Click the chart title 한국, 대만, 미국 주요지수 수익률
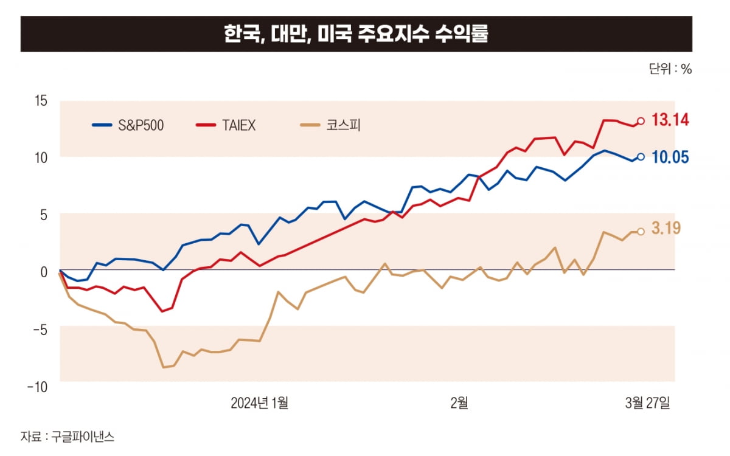pos(356,33)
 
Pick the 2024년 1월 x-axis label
pos(260,402)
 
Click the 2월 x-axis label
pos(459,402)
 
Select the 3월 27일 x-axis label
pos(647,402)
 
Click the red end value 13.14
pos(670,120)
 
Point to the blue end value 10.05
pos(670,157)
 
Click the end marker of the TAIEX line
pos(641,120)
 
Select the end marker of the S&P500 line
pos(641,157)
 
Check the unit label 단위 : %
pos(670,69)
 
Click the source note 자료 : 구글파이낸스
pos(68,436)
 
